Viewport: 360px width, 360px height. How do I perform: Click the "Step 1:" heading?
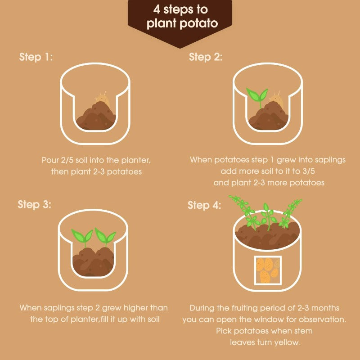(x=36, y=57)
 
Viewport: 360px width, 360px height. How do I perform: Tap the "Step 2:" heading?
(x=206, y=57)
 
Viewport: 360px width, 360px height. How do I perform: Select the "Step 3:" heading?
(x=35, y=204)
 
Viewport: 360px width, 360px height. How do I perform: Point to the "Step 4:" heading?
(x=204, y=205)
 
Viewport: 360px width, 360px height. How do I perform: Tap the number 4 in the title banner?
(x=157, y=9)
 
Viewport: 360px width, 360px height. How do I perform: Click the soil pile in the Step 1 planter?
(x=96, y=116)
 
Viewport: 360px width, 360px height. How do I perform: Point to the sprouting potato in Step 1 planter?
(x=102, y=99)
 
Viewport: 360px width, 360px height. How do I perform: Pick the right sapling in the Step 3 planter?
(x=105, y=237)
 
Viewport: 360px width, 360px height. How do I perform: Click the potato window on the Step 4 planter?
(x=268, y=270)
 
